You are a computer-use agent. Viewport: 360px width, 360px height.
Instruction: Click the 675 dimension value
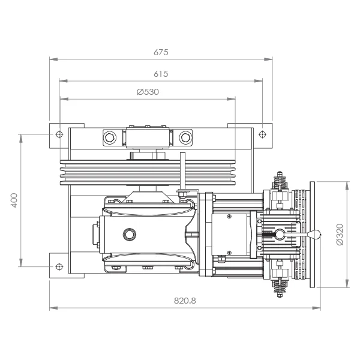(x=161, y=52)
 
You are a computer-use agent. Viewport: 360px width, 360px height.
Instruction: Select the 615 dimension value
(x=161, y=74)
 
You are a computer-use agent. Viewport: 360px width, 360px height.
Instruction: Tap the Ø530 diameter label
(x=148, y=92)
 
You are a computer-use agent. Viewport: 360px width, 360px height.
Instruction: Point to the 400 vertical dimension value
(x=14, y=200)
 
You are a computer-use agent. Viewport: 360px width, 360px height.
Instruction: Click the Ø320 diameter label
(x=340, y=235)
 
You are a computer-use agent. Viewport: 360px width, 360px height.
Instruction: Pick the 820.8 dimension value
(x=185, y=301)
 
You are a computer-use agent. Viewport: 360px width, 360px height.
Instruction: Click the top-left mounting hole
(x=59, y=134)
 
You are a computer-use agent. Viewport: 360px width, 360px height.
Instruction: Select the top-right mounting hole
(x=262, y=134)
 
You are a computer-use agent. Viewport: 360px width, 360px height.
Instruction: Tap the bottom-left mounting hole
(x=59, y=266)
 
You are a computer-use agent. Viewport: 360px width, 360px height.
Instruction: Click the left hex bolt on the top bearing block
(x=110, y=137)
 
